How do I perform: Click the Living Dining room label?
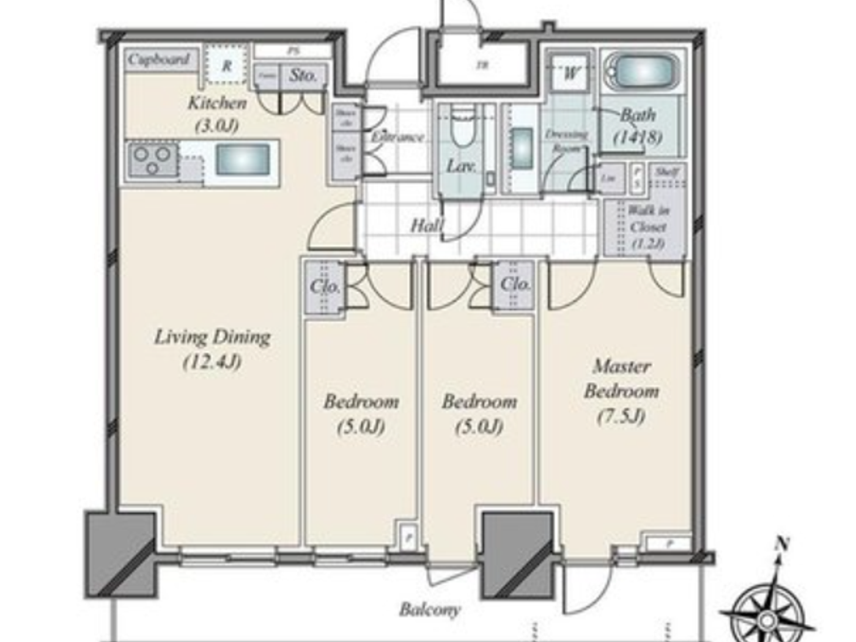212,349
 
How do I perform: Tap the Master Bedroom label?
621,379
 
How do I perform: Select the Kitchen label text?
217,103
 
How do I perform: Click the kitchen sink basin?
243,160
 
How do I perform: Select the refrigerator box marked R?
227,65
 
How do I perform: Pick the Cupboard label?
159,59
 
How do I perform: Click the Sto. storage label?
303,76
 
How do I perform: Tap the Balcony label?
430,609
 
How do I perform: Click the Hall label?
426,225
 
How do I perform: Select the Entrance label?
397,137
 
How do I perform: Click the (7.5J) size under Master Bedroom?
621,416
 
